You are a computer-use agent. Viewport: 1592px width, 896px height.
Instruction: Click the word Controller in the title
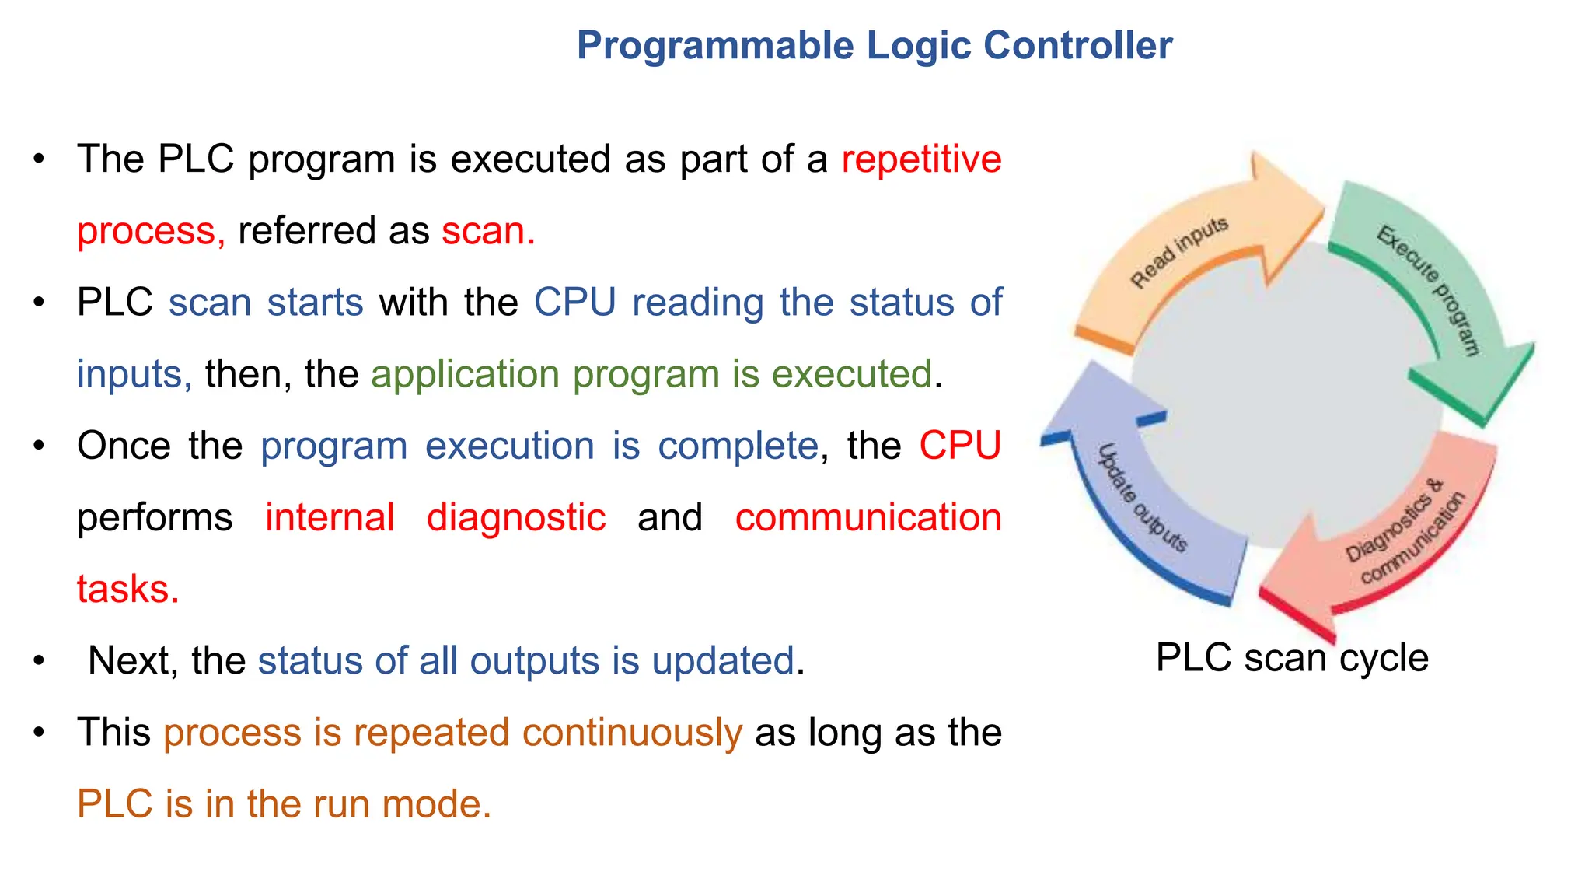[1077, 45]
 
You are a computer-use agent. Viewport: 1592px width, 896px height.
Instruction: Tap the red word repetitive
[921, 159]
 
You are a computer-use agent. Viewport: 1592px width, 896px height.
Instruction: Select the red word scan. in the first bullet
[488, 231]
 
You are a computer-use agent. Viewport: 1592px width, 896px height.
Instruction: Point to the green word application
[464, 374]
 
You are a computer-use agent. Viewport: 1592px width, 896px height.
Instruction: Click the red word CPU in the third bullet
[959, 446]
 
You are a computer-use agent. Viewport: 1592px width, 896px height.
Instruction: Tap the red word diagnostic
[516, 517]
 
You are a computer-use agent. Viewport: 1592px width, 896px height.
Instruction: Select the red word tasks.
[128, 589]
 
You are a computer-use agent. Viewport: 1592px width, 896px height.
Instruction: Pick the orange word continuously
[632, 732]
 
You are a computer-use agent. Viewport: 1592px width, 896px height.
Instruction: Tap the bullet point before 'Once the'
[39, 446]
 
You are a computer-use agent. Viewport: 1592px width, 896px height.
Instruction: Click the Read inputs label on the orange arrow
[1178, 251]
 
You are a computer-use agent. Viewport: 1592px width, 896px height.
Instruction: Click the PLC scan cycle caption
[1291, 657]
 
